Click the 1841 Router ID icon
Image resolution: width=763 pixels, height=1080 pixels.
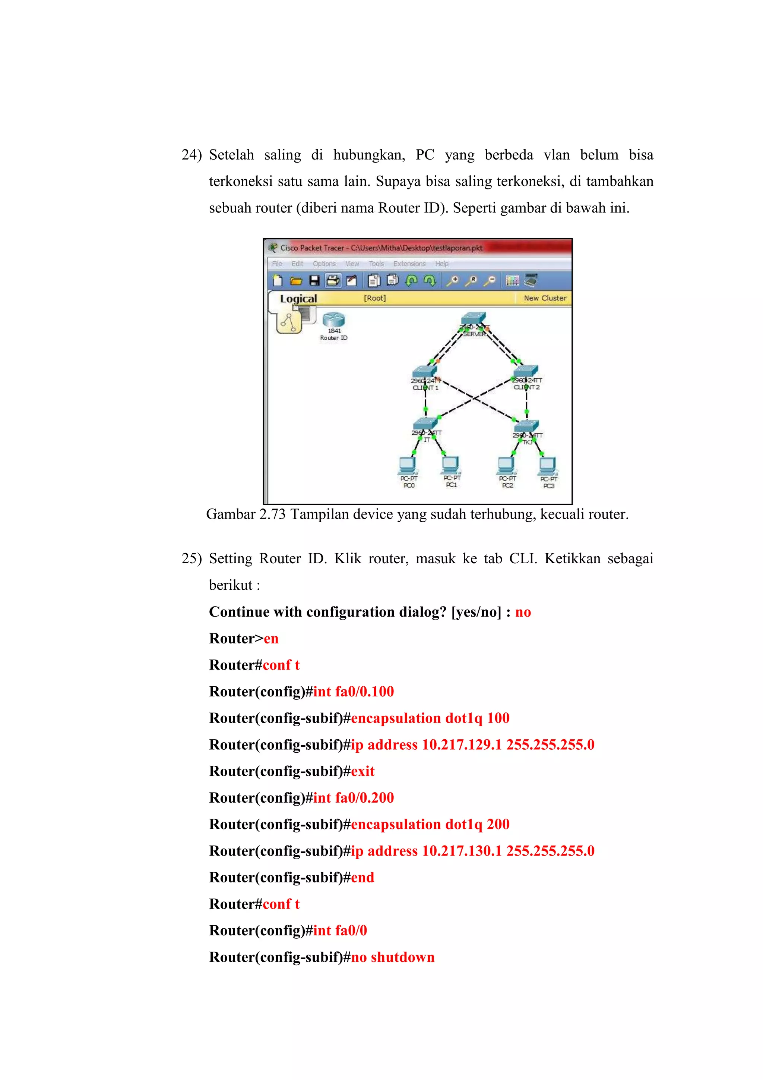click(x=333, y=320)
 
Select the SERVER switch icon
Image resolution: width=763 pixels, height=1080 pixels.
click(x=474, y=318)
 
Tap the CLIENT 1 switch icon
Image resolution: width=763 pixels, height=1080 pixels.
click(x=424, y=372)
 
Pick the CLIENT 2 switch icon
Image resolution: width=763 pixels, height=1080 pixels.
click(x=526, y=371)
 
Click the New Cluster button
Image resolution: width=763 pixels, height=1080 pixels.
click(x=545, y=298)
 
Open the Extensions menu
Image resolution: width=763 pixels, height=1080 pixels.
click(x=409, y=264)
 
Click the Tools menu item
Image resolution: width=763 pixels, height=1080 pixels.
click(x=376, y=264)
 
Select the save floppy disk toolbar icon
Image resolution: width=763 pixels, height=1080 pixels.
click(x=314, y=281)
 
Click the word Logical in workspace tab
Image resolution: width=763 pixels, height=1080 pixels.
click(x=298, y=299)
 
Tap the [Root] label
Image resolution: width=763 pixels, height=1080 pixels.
click(x=375, y=298)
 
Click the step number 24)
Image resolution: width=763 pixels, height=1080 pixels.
click(x=191, y=155)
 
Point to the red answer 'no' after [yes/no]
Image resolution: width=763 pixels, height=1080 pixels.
click(x=523, y=612)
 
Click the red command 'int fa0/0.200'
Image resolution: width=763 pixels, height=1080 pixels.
click(x=354, y=798)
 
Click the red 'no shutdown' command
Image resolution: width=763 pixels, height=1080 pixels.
click(x=393, y=957)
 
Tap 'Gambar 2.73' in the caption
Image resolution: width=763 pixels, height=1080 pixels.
click(x=246, y=514)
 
